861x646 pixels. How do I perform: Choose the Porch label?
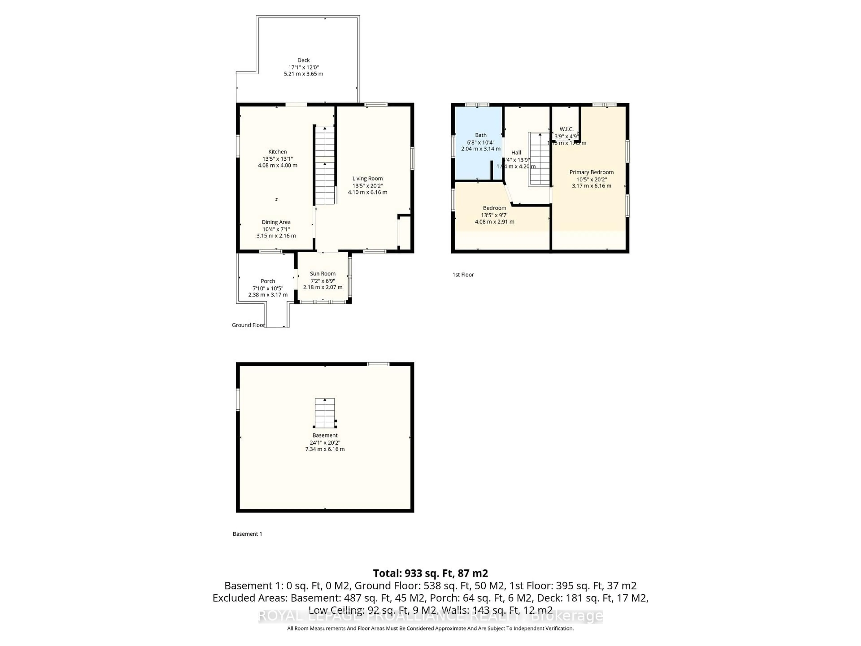[268, 281]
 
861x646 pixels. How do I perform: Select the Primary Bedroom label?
[591, 172]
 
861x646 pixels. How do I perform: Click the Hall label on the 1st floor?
[516, 153]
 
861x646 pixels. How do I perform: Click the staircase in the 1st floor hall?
[539, 160]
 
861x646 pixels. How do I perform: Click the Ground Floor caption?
[248, 325]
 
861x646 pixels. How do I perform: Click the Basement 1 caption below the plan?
[247, 534]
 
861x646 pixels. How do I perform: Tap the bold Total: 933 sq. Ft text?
[430, 573]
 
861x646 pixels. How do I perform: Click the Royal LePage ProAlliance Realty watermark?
[430, 616]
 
